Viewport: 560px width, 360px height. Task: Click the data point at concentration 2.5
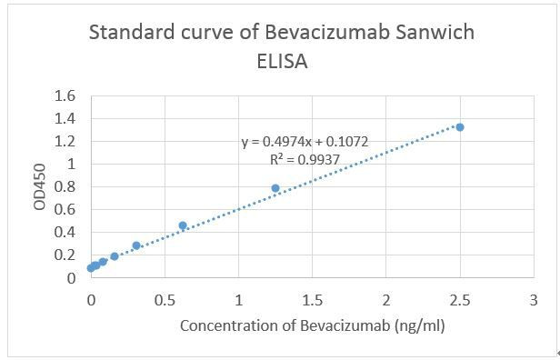pyautogui.click(x=460, y=127)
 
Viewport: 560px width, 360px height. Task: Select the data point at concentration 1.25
pyautogui.click(x=275, y=188)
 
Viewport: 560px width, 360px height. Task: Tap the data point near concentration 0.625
pyautogui.click(x=183, y=225)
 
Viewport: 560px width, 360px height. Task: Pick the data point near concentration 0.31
pyautogui.click(x=136, y=245)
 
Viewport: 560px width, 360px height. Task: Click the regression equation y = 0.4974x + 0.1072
pyautogui.click(x=305, y=143)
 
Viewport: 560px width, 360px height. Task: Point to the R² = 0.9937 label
pyautogui.click(x=305, y=158)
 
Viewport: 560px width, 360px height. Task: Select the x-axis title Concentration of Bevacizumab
pyautogui.click(x=312, y=325)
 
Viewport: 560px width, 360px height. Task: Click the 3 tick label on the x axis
pyautogui.click(x=534, y=299)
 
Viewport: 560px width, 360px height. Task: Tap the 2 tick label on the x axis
pyautogui.click(x=386, y=299)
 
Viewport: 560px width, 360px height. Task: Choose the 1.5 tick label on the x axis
pyautogui.click(x=312, y=299)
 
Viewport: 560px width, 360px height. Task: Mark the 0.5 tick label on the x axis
pyautogui.click(x=165, y=299)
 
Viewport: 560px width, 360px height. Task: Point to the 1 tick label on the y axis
pyautogui.click(x=70, y=165)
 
